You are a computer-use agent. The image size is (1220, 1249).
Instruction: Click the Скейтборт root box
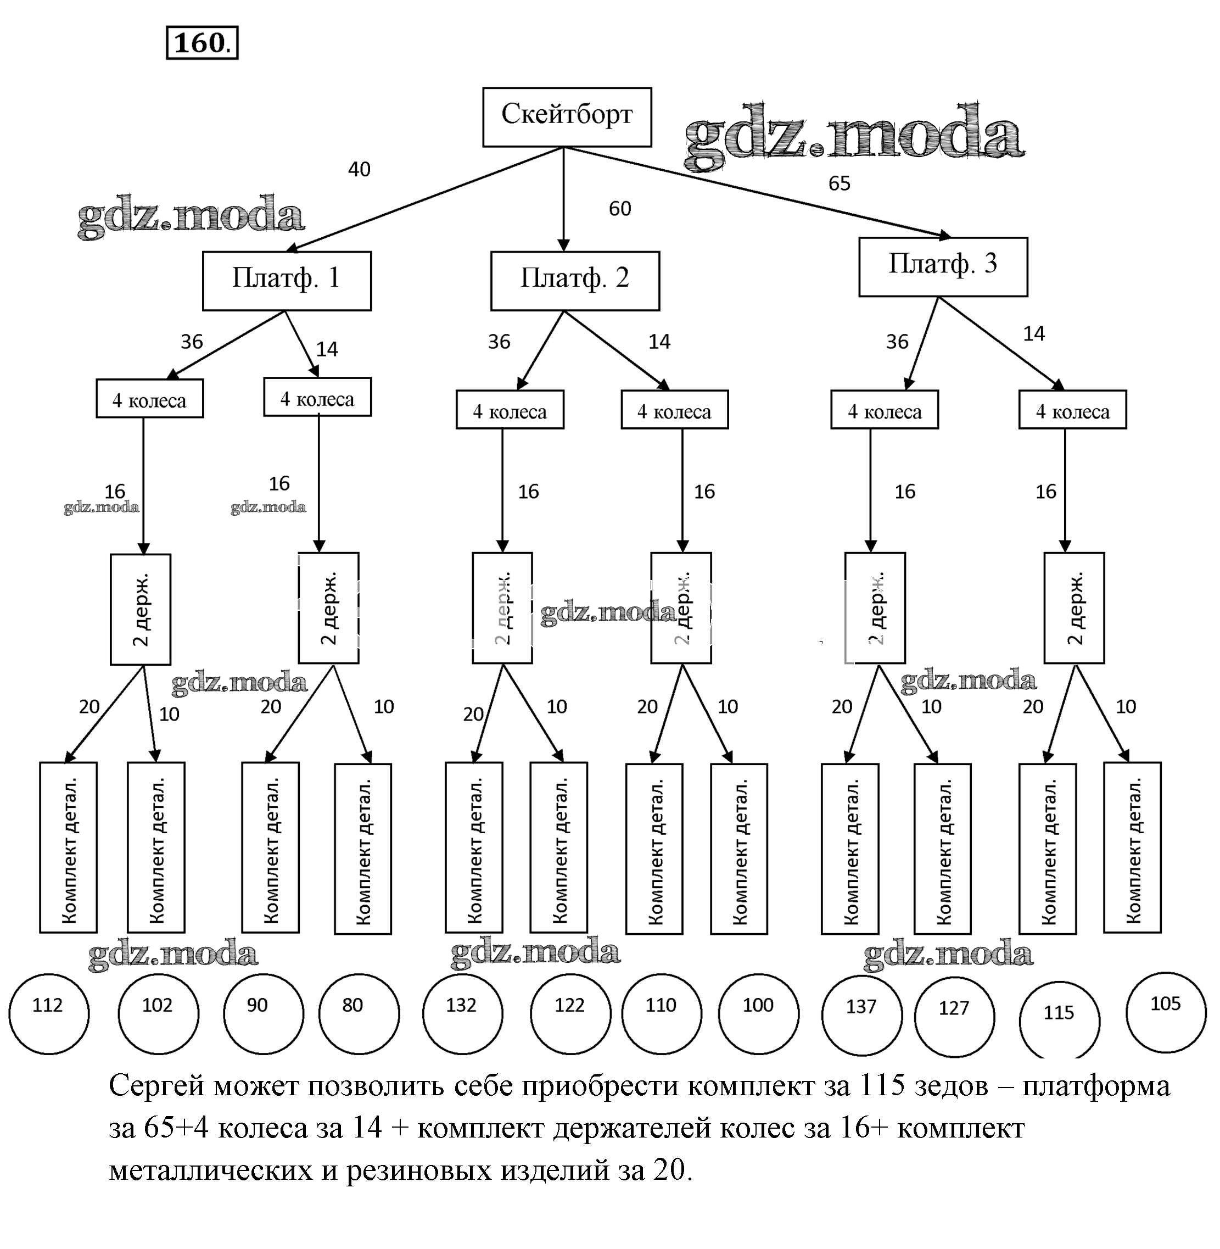click(x=567, y=116)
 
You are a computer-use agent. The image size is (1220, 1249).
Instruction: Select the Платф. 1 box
click(x=287, y=280)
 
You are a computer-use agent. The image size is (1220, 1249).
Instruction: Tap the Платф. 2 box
click(x=575, y=280)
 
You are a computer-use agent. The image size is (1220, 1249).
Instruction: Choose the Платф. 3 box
click(x=943, y=266)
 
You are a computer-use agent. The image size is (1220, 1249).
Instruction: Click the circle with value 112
click(x=49, y=1013)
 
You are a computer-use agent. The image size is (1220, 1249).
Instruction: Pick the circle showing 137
click(x=861, y=1014)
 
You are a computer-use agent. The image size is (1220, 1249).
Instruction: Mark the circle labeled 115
click(x=1059, y=1019)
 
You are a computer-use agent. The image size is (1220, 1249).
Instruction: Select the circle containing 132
click(x=462, y=1013)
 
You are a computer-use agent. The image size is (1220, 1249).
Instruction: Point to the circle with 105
click(x=1166, y=1012)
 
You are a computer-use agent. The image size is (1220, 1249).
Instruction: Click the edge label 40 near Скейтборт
click(x=359, y=169)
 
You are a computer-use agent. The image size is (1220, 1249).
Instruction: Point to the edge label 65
click(x=839, y=183)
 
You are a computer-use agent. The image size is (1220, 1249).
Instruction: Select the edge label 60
click(x=620, y=208)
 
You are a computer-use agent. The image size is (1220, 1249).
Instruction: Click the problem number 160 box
click(x=202, y=43)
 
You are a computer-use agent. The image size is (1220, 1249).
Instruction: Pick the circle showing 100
click(x=758, y=1013)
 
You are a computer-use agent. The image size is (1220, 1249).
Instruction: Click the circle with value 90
click(x=262, y=1013)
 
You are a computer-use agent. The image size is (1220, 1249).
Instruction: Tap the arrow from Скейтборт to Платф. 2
click(x=563, y=199)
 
